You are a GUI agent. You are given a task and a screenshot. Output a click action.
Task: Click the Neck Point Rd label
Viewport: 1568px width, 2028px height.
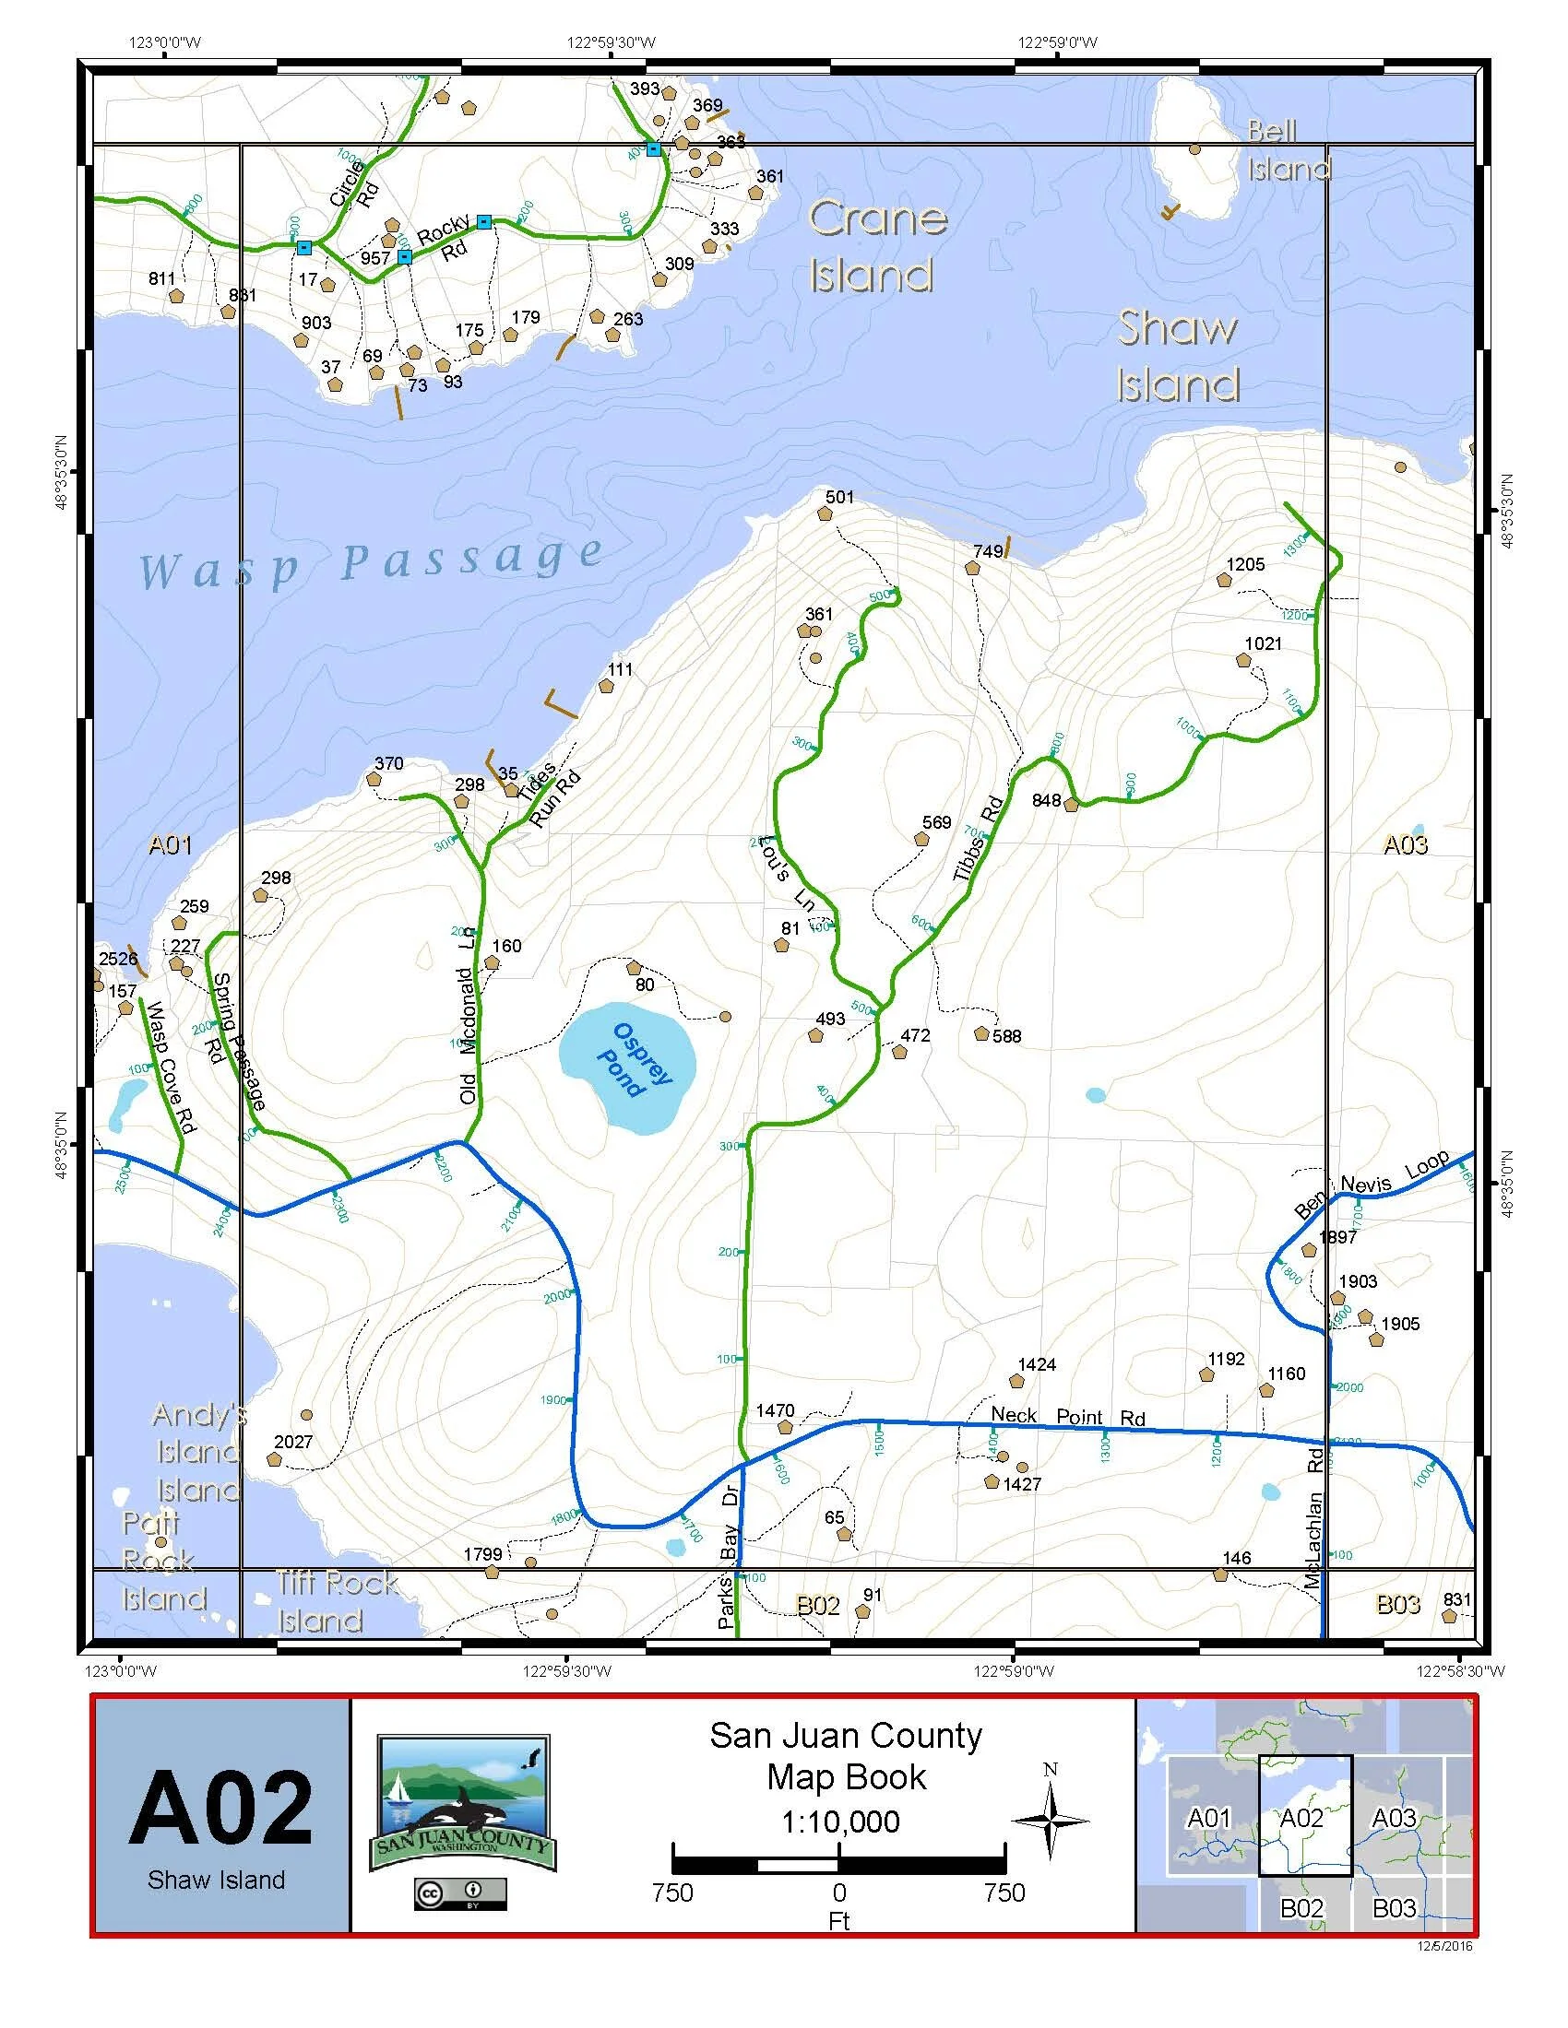tap(1067, 1417)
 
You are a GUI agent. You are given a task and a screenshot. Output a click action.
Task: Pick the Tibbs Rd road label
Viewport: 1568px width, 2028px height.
tap(979, 839)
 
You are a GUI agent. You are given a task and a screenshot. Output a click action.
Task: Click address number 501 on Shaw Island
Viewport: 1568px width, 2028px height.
tap(838, 497)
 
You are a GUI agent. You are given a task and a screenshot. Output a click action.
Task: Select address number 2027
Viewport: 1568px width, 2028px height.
tap(292, 1442)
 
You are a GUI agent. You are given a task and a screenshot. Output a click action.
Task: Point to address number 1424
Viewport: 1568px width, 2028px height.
tap(1037, 1364)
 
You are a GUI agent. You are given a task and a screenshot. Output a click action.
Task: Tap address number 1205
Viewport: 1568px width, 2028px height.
tap(1245, 563)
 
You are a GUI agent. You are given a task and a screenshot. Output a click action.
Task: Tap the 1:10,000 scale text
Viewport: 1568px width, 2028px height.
tap(840, 1821)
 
